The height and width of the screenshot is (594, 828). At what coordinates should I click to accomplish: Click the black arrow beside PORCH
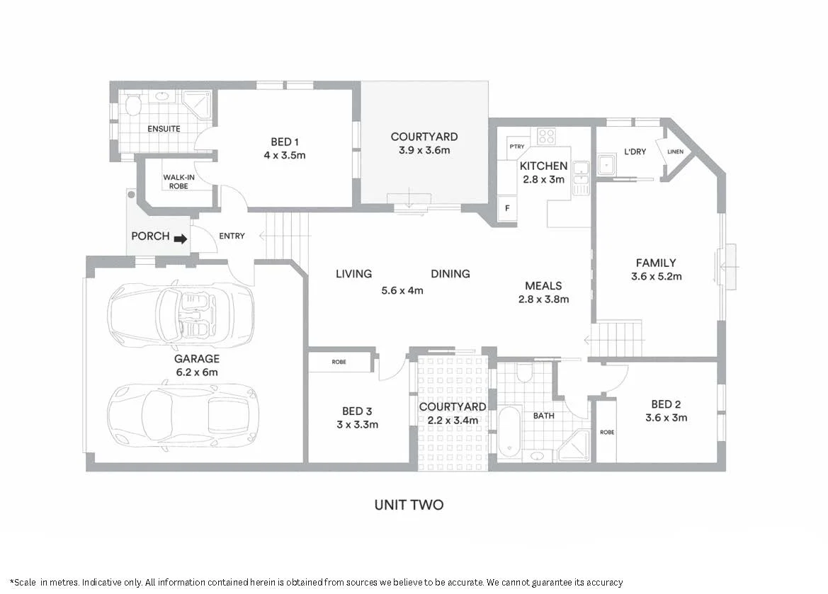tap(181, 239)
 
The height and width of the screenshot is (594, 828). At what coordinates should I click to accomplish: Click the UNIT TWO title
tap(409, 505)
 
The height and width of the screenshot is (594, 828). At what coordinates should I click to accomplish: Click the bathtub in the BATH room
tap(509, 432)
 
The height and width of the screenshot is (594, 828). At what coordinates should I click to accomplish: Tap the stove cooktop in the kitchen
tap(545, 136)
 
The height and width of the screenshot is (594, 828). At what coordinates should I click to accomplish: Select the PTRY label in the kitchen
tap(516, 147)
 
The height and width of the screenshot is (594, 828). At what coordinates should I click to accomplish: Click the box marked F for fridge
tap(506, 209)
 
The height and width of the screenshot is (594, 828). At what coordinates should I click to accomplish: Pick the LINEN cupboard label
tap(675, 151)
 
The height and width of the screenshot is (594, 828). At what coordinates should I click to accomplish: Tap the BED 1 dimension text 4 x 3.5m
tap(288, 154)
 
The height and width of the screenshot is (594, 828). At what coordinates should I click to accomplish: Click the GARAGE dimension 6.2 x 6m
tap(196, 372)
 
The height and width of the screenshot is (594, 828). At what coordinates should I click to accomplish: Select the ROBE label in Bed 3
tap(339, 362)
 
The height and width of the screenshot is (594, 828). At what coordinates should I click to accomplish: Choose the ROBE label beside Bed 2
tap(606, 432)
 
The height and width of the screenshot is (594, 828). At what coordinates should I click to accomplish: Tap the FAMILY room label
tap(655, 263)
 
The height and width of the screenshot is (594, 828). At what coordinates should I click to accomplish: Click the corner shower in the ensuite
tap(196, 105)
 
